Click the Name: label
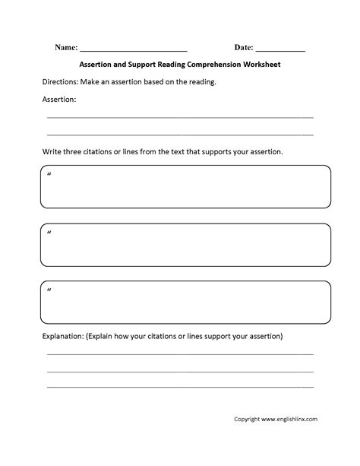(65, 47)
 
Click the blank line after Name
(133, 49)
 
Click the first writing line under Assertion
(180, 117)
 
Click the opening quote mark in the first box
(49, 176)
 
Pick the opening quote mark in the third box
(49, 290)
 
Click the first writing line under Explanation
(180, 354)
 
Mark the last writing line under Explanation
(180, 387)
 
